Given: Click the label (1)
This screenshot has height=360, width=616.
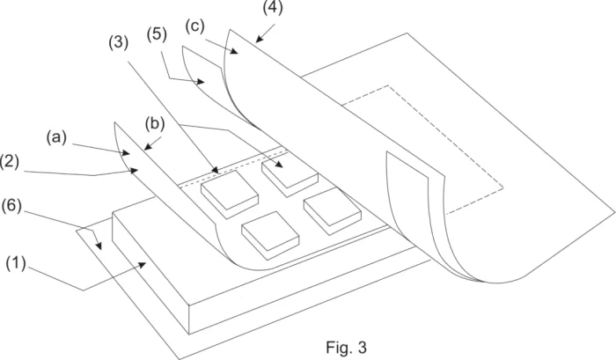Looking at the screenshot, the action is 16,263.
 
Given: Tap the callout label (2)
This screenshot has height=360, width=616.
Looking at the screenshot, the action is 10,162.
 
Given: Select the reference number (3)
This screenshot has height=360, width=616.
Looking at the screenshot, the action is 118,42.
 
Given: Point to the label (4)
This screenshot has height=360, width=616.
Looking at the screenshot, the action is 273,7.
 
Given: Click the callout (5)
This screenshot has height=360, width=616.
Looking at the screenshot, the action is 157,34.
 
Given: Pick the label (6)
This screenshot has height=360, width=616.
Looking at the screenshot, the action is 11,206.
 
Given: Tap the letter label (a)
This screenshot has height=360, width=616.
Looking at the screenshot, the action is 56,137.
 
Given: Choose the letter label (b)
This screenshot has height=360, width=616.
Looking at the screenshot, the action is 154,123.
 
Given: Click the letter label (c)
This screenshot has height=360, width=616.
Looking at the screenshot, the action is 194,26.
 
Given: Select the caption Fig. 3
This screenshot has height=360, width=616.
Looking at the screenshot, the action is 346,347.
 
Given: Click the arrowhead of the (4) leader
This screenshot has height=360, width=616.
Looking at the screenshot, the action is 258,39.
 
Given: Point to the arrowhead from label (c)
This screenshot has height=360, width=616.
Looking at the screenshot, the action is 234,51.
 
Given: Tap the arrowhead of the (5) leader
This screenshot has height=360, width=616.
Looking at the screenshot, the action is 201,82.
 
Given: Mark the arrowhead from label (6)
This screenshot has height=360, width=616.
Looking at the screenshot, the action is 99,246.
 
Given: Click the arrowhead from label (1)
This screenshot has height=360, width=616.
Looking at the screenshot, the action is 143,266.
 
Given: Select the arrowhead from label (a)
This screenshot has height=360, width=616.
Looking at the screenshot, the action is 125,151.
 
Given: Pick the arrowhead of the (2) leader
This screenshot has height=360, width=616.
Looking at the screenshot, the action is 135,170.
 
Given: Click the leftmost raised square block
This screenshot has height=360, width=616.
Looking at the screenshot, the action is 230,195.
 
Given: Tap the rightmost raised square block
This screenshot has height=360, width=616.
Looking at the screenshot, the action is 332,209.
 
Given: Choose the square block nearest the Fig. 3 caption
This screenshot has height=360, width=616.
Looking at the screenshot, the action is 270,235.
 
